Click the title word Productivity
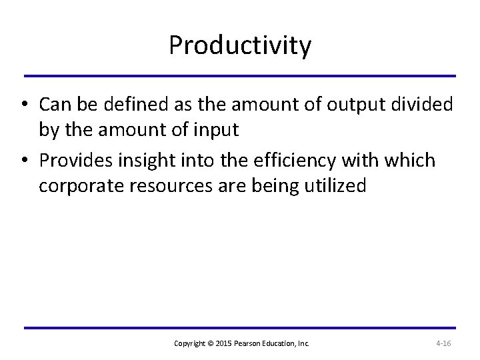point(239,46)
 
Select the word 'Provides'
point(73,161)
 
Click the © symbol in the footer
point(212,343)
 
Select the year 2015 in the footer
point(225,343)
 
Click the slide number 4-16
point(443,343)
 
